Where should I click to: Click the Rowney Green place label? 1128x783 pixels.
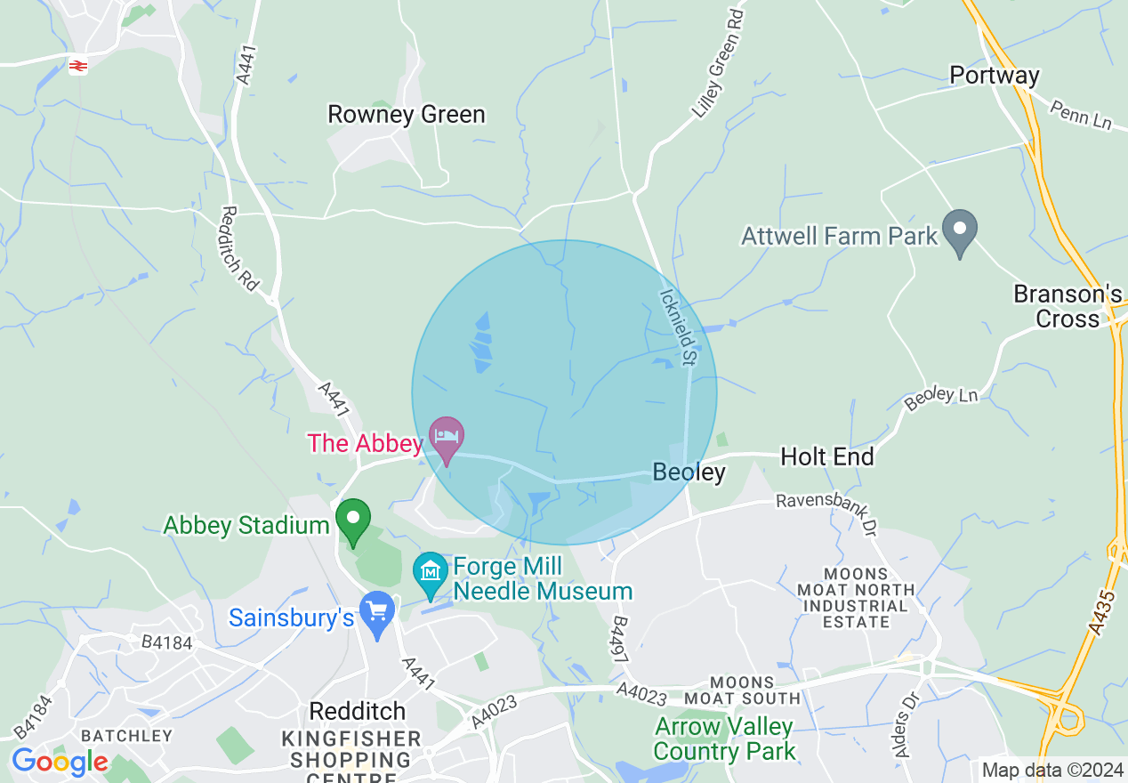tap(407, 115)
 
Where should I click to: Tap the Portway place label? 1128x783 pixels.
tap(995, 76)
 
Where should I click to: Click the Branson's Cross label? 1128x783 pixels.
tap(1068, 306)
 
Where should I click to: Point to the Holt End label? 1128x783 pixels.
tap(826, 457)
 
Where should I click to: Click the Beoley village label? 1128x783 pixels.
tap(689, 472)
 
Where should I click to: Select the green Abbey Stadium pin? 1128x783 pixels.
tap(353, 520)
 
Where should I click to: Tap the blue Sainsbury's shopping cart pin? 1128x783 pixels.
tap(378, 612)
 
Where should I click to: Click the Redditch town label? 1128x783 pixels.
tap(357, 711)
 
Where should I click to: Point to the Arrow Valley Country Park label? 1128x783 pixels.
tap(724, 739)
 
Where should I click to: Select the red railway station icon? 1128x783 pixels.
tap(78, 65)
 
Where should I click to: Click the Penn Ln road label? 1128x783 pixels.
tap(1081, 115)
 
